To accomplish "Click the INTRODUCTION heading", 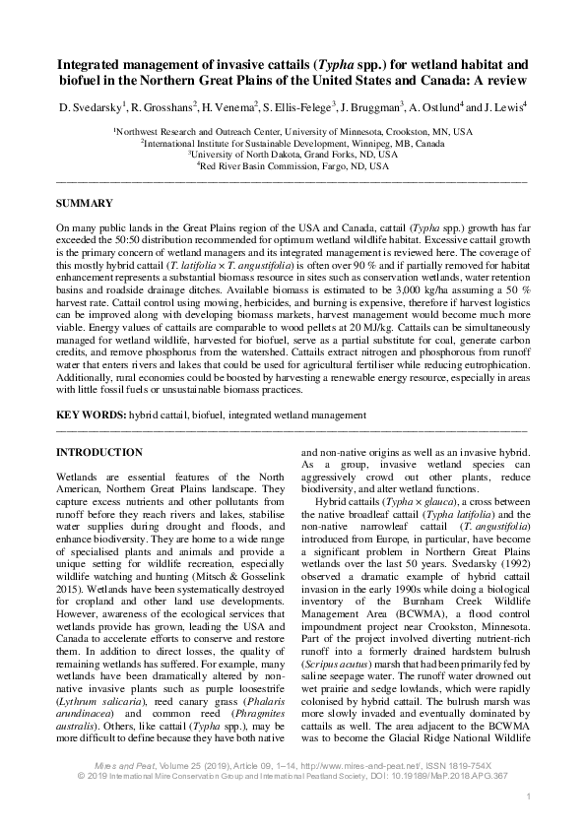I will coord(99,452).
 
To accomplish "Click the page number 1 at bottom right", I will coord(529,796).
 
